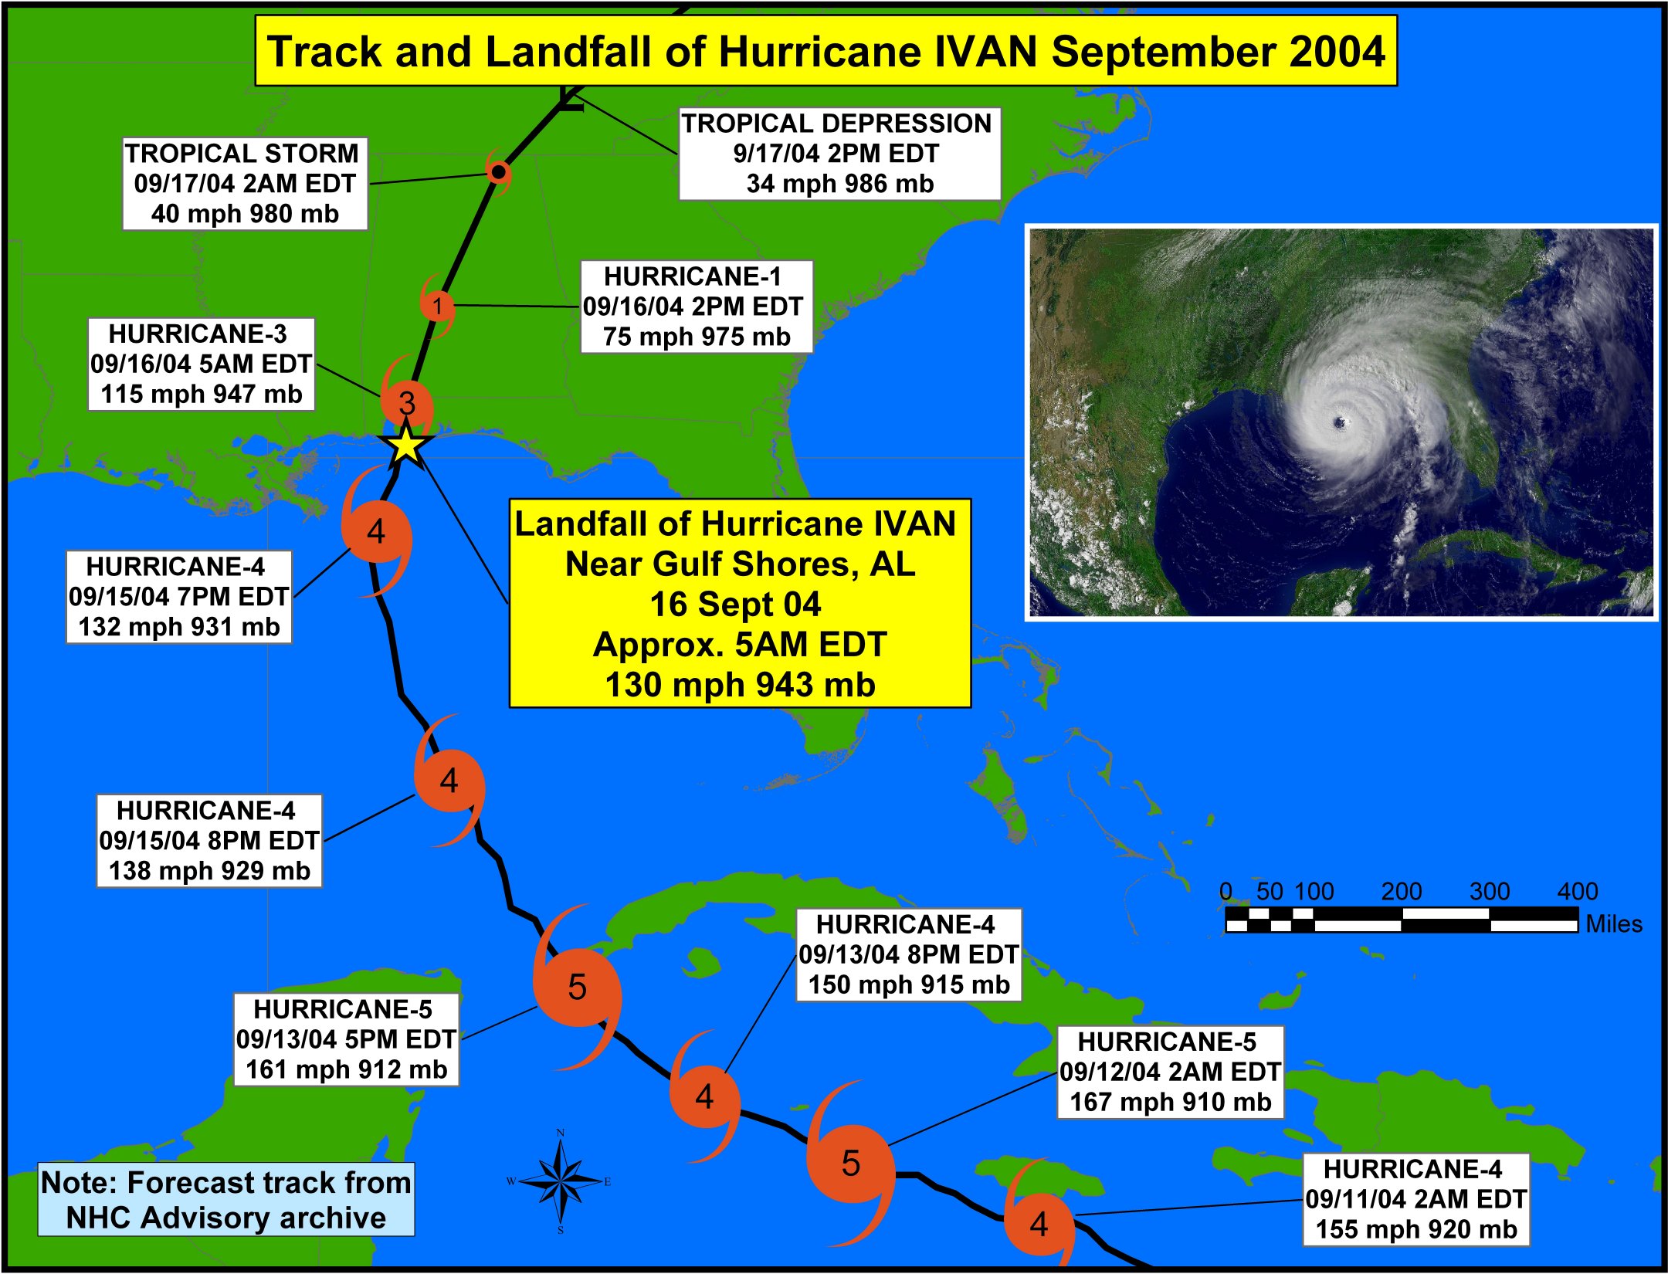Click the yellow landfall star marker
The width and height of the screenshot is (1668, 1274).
tap(405, 446)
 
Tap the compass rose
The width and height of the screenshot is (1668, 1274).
tap(561, 1181)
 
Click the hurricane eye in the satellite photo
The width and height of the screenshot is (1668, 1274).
tap(1340, 422)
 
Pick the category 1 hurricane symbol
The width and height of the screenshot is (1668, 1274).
tap(437, 306)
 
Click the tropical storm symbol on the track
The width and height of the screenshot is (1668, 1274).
tap(499, 171)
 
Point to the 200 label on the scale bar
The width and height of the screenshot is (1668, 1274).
tap(1401, 891)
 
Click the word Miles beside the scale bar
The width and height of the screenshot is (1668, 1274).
tap(1614, 923)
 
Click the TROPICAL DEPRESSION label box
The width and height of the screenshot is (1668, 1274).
tap(839, 154)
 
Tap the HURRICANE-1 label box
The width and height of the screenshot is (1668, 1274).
tap(697, 307)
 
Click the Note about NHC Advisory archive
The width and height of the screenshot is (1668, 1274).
tap(226, 1199)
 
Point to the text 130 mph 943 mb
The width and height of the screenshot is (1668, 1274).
tap(740, 685)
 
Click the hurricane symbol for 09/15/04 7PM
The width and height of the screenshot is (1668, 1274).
tap(376, 533)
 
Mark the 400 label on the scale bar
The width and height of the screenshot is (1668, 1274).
tap(1577, 891)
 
